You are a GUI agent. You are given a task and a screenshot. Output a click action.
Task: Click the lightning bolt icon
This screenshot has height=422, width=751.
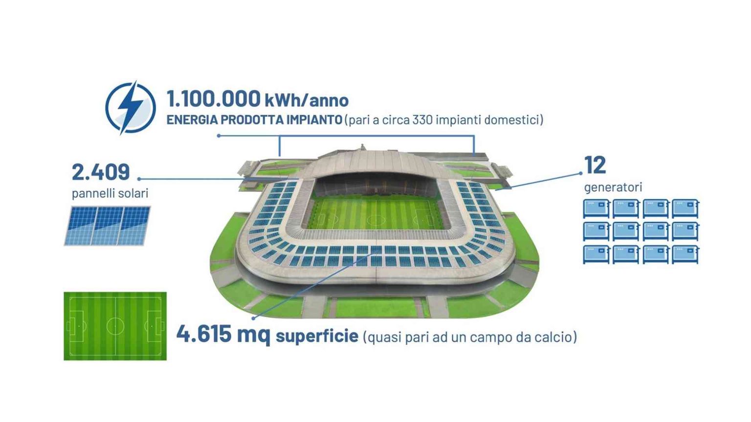tap(130, 107)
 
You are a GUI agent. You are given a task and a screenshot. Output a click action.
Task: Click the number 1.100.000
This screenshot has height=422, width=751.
tap(213, 99)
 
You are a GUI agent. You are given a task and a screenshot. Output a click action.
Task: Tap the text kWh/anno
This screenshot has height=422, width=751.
tap(307, 101)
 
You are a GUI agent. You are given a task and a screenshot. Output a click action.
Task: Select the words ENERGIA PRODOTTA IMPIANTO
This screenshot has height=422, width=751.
tap(254, 120)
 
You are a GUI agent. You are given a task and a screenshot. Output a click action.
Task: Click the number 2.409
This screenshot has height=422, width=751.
tap(101, 172)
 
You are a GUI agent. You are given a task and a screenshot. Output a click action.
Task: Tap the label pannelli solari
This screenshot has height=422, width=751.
tap(110, 193)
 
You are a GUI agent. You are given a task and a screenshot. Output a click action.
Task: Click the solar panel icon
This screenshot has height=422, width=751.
tap(108, 226)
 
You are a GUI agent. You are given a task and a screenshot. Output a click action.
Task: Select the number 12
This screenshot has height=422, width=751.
tap(595, 165)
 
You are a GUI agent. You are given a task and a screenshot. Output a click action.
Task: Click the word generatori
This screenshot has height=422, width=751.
tap(613, 187)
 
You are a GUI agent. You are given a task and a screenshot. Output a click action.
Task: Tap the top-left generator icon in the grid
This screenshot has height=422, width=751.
tap(596, 209)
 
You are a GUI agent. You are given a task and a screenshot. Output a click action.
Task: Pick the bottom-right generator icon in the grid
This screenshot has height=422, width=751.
tap(685, 254)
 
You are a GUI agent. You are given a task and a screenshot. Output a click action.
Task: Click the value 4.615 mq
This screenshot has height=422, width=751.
tap(223, 335)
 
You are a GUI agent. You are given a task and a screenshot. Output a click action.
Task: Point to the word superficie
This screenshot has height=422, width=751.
tap(317, 337)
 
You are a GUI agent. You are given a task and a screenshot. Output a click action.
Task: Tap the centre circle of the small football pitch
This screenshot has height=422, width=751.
tap(115, 326)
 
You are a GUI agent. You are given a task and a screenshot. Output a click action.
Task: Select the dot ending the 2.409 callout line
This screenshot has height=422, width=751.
tap(139, 179)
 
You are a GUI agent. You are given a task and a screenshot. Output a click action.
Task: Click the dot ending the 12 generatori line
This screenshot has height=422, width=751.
tap(580, 173)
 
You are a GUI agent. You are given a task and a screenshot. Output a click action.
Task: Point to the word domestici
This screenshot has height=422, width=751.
tap(514, 120)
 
